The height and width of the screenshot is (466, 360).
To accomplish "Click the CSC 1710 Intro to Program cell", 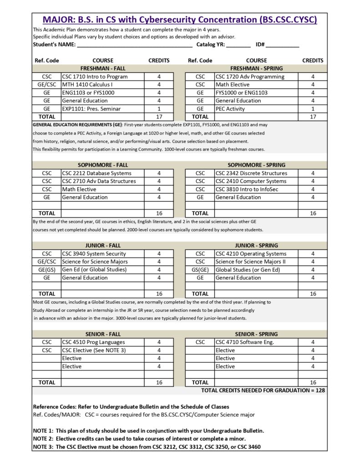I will [95, 76].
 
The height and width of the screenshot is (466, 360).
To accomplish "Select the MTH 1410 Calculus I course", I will [87, 85].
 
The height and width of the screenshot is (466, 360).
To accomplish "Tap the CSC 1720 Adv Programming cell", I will [250, 76].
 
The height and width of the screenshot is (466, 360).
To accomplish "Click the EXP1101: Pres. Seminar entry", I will [89, 109].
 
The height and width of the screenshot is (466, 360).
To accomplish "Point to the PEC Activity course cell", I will [230, 109].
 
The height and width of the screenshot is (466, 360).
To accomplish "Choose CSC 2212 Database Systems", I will [96, 173].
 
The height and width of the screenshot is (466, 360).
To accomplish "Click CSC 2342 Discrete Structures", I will [251, 173].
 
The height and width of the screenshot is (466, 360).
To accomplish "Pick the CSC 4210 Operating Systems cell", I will [251, 253].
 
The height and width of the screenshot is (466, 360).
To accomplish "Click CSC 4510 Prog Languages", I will [93, 342].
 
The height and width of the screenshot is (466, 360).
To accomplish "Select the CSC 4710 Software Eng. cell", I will [245, 342].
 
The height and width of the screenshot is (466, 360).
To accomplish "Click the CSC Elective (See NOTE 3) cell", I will [93, 350].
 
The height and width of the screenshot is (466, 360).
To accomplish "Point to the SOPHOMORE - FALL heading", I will [102, 165].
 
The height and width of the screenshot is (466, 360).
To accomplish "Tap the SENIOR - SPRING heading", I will [256, 334].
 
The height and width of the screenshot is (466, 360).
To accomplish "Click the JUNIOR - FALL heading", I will [102, 245].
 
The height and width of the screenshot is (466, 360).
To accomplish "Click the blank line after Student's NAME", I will [135, 45].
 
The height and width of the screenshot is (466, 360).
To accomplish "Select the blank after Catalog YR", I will [238, 45].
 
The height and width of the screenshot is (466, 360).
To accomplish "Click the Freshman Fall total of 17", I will [159, 116].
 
